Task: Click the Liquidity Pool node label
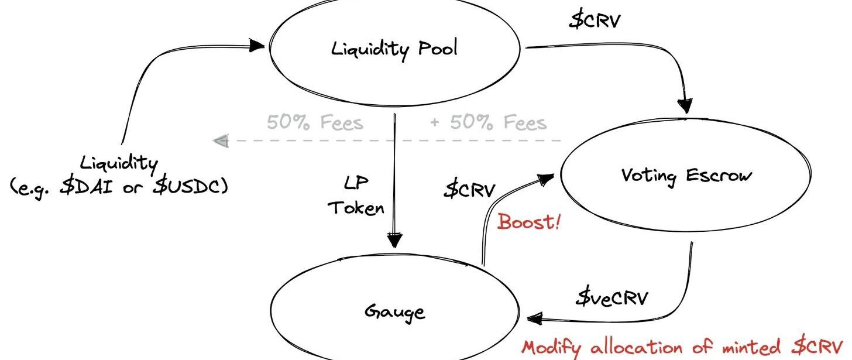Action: point(394,49)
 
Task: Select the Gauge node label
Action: point(395,311)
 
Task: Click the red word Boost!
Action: point(528,222)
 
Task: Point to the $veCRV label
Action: point(611,298)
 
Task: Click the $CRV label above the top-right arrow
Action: point(595,20)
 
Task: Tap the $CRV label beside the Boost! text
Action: point(469,190)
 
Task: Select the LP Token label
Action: point(356,196)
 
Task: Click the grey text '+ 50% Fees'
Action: point(488,123)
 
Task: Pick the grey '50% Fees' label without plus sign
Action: point(315,123)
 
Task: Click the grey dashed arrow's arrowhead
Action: point(220,141)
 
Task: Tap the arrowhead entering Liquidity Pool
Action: point(257,45)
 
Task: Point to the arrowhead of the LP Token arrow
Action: point(395,240)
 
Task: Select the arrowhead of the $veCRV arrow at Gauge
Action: point(534,319)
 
